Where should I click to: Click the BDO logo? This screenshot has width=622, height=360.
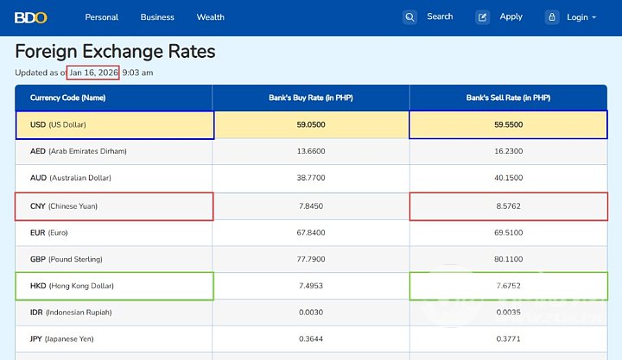31,16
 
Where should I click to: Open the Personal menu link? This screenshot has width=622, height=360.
102,17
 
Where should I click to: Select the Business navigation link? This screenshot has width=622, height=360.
157,17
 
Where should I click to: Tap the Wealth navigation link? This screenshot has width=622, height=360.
210,17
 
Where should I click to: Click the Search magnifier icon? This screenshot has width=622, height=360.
410,17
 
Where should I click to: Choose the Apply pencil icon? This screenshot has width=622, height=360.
483,17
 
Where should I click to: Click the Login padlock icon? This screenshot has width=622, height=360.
552,17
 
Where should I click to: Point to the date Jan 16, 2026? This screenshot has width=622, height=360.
94,73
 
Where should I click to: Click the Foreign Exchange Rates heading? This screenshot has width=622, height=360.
115,52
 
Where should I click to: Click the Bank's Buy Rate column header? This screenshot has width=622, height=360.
311,98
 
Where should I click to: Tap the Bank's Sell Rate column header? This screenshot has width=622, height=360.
508,98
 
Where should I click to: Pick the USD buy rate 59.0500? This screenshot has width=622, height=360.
311,125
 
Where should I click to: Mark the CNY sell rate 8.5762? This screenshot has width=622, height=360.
508,206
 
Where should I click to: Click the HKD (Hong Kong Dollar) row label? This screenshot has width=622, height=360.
72,286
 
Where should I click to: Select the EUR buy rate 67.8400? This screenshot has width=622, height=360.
311,233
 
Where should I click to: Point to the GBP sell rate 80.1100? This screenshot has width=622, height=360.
508,259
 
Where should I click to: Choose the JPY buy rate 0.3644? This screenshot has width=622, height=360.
311,339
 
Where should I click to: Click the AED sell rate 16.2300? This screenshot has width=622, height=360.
508,151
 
